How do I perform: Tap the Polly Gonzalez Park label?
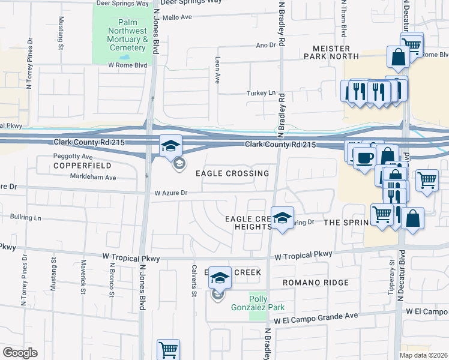click(x=258, y=302)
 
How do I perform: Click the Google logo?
click(x=20, y=353)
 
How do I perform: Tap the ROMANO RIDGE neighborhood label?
click(x=316, y=282)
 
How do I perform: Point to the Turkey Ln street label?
click(x=262, y=93)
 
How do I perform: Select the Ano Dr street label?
click(x=265, y=45)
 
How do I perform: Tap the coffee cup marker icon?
click(x=365, y=158)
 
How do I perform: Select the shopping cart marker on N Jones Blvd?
click(x=169, y=349)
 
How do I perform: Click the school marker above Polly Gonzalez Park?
click(x=220, y=277)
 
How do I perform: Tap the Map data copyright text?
click(x=423, y=355)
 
